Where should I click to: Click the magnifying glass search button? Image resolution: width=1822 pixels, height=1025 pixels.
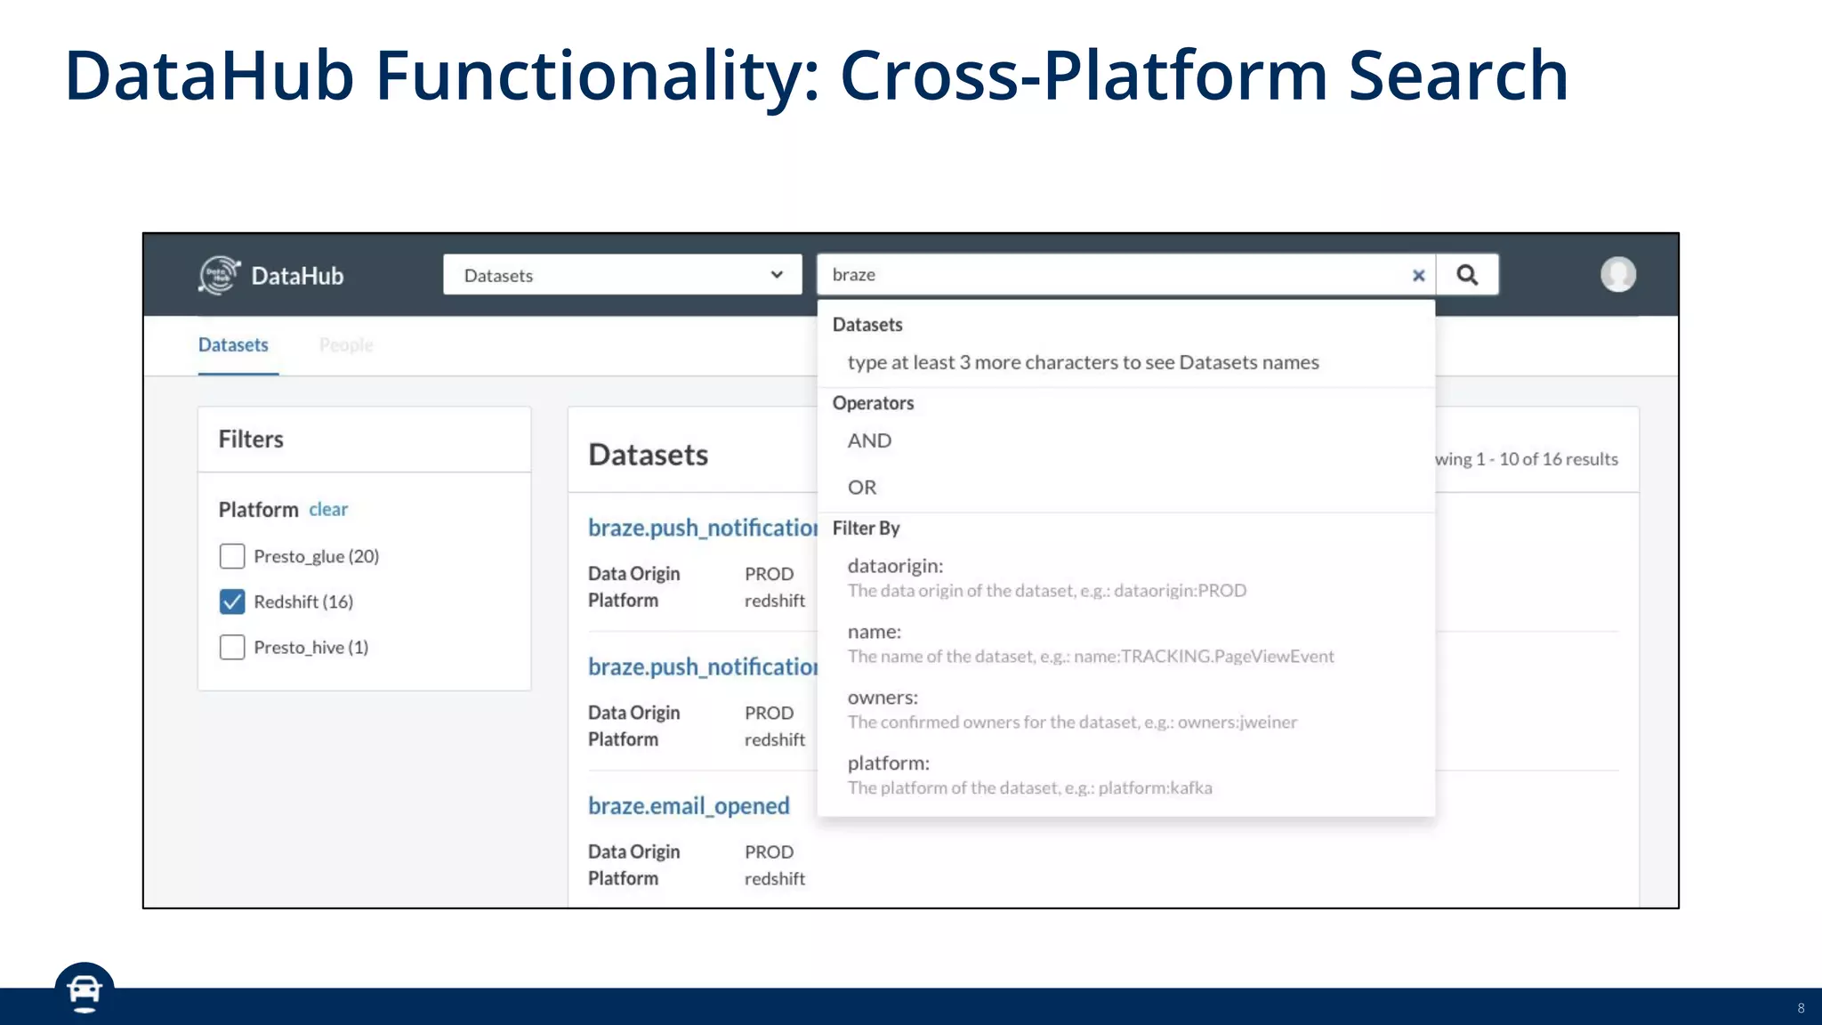pyautogui.click(x=1467, y=275)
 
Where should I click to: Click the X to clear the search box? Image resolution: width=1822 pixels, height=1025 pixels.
pyautogui.click(x=1418, y=276)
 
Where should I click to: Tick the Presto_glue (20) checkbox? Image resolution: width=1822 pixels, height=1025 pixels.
pyautogui.click(x=232, y=556)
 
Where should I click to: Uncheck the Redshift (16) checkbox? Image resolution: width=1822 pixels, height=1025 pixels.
pyautogui.click(x=232, y=601)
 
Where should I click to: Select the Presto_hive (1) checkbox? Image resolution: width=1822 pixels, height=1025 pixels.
pyautogui.click(x=232, y=647)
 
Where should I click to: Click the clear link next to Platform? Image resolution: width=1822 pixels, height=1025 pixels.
pyautogui.click(x=327, y=510)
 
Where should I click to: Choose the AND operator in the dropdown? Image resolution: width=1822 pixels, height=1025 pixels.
pyautogui.click(x=869, y=441)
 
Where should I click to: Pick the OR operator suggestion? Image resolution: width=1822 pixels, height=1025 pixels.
pyautogui.click(x=862, y=488)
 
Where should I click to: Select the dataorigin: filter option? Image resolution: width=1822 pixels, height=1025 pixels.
pyautogui.click(x=895, y=566)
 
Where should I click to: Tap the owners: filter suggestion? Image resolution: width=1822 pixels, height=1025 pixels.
pyautogui.click(x=883, y=698)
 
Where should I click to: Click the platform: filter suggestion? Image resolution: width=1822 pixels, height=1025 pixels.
pyautogui.click(x=888, y=763)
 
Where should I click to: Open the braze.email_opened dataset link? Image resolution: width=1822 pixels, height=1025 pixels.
pyautogui.click(x=689, y=806)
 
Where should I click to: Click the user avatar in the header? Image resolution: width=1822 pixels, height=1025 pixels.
pyautogui.click(x=1617, y=274)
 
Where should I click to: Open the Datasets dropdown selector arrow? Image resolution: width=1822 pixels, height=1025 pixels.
pyautogui.click(x=777, y=275)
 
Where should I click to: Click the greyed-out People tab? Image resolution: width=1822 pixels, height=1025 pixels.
pyautogui.click(x=346, y=345)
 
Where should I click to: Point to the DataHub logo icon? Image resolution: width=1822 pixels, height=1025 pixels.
pyautogui.click(x=219, y=275)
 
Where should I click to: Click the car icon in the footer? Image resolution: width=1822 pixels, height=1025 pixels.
pyautogui.click(x=85, y=991)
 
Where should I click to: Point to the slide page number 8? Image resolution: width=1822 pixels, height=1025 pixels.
pyautogui.click(x=1801, y=1008)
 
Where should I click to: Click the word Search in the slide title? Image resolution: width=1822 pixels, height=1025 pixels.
pyautogui.click(x=1458, y=76)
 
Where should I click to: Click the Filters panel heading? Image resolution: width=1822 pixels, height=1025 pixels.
pyautogui.click(x=251, y=440)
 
